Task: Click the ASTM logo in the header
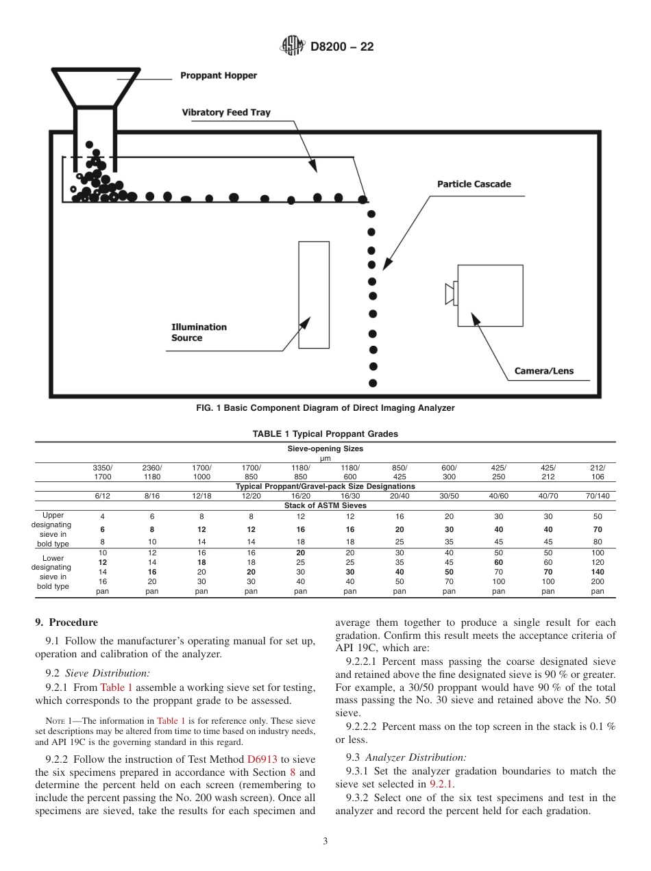[x=293, y=47]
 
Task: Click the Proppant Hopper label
[x=219, y=76]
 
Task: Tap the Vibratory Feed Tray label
[x=226, y=112]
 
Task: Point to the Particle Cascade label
[x=474, y=184]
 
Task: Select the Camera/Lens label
[x=544, y=372]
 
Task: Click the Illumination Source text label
[x=198, y=332]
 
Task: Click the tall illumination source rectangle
[x=314, y=294]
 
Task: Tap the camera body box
[x=490, y=294]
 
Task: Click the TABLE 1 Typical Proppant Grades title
[x=325, y=434]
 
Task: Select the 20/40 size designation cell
[x=400, y=495]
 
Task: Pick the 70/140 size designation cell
[x=598, y=495]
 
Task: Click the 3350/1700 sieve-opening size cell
[x=103, y=471]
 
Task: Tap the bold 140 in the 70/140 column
[x=598, y=571]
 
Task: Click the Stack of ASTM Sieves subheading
[x=325, y=505]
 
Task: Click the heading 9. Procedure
[x=66, y=622]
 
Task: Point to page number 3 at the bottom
[x=325, y=842]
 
